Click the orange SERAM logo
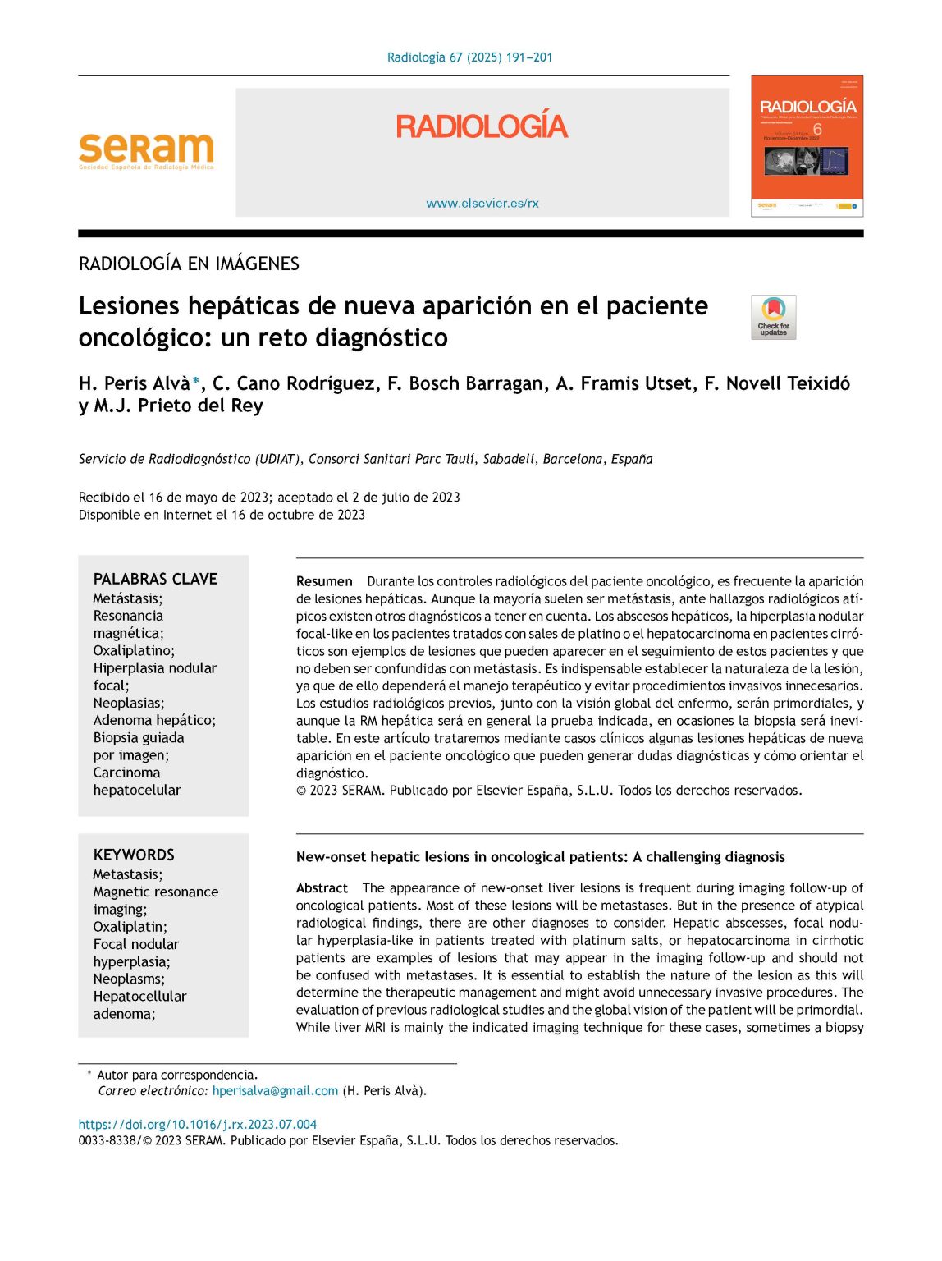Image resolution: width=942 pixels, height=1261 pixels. tap(146, 150)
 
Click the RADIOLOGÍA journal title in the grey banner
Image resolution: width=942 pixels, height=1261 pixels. tap(482, 126)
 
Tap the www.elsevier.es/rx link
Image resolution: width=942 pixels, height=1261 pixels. tap(482, 204)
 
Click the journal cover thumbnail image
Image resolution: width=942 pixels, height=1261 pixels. tap(807, 146)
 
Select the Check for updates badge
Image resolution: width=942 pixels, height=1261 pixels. tap(773, 317)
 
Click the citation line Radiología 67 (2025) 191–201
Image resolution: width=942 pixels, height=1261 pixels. tap(469, 57)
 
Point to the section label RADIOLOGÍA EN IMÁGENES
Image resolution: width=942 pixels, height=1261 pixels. tap(189, 264)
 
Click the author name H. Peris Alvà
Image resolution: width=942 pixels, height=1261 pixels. tap(135, 383)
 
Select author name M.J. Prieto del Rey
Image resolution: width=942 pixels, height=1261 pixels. tap(178, 406)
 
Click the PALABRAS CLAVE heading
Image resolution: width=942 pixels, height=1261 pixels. tap(155, 579)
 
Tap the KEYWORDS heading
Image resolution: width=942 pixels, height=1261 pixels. tap(134, 855)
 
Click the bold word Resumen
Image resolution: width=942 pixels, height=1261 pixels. tap(324, 581)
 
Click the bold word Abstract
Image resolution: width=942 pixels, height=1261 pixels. tap(322, 888)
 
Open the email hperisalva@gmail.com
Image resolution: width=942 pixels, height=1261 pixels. tap(275, 1091)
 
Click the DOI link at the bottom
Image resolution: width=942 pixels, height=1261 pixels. tap(197, 1125)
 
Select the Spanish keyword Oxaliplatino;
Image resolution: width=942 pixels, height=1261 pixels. tap(134, 650)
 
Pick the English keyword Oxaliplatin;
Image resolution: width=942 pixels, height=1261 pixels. tap(130, 926)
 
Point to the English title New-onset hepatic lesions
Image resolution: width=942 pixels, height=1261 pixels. tap(540, 857)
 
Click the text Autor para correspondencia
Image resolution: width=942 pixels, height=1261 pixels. tap(177, 1075)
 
